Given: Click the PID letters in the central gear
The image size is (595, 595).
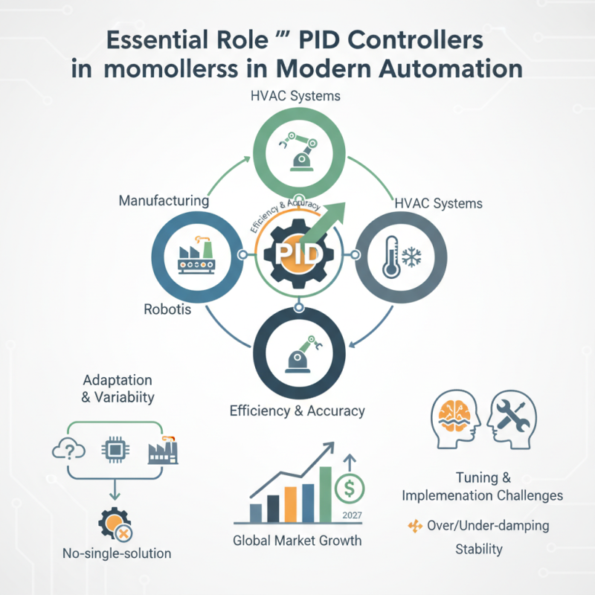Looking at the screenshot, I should (x=297, y=255).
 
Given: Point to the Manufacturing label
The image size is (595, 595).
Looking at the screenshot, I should (x=163, y=201).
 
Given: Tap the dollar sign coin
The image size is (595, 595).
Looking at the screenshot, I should (x=348, y=489).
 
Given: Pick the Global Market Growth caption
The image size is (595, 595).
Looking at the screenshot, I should (x=297, y=541).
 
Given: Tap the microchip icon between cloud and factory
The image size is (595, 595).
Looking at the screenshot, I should (x=115, y=449).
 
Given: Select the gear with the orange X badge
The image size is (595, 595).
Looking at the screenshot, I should (x=113, y=526).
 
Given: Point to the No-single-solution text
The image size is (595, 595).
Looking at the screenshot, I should (x=117, y=553).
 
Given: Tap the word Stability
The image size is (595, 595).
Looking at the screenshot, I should (x=478, y=550).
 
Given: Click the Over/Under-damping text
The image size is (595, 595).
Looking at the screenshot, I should (x=488, y=526).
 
